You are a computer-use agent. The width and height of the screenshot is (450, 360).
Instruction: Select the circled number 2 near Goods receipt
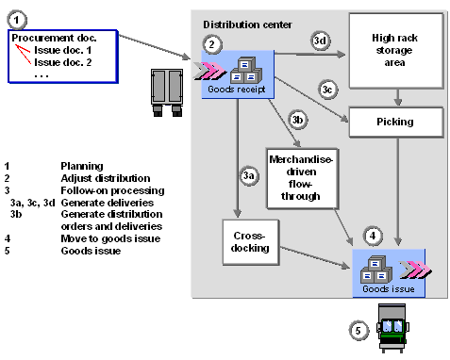[214, 43]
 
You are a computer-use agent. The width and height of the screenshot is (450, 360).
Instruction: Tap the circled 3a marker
[249, 175]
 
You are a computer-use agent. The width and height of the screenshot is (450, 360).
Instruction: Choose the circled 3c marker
[327, 89]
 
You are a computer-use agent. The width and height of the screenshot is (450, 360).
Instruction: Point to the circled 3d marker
[320, 41]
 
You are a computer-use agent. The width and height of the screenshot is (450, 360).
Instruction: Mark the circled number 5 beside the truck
[357, 330]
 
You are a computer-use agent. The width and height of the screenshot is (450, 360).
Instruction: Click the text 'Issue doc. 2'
[62, 62]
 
